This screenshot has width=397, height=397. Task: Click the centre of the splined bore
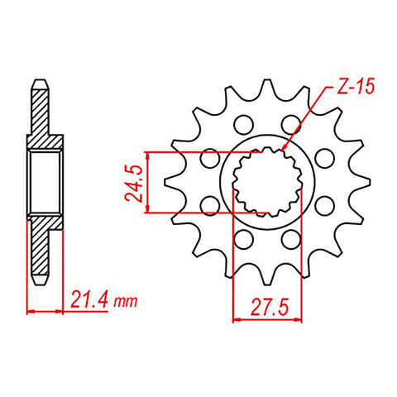point(266,183)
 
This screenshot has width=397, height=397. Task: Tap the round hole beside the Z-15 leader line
point(290,125)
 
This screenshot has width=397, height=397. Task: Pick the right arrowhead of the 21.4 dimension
point(60,312)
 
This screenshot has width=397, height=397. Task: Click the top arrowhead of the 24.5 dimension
point(147,155)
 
